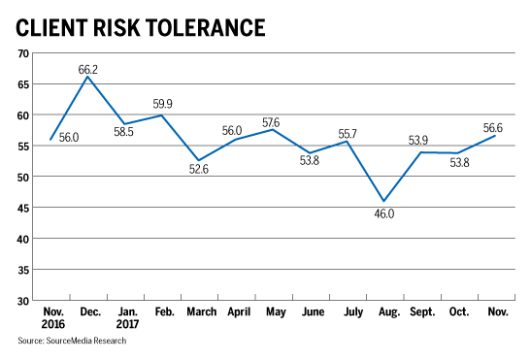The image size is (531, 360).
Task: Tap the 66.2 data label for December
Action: point(89,67)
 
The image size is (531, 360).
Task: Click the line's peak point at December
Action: point(90,77)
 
